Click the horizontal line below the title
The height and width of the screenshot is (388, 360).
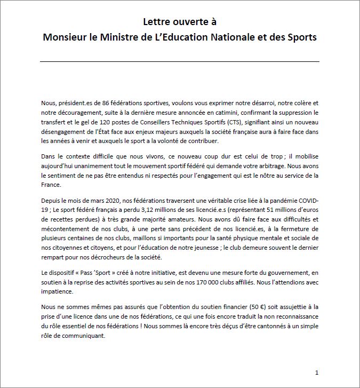click(x=180, y=62)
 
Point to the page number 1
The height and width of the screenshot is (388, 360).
click(x=317, y=372)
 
